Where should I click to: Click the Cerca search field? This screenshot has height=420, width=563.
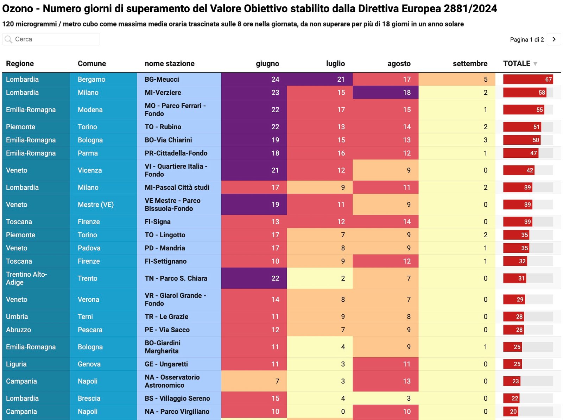(x=53, y=39)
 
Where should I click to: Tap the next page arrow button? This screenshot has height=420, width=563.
(x=554, y=39)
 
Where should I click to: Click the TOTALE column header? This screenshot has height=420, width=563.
(x=517, y=63)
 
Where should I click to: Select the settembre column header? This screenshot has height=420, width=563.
(x=470, y=63)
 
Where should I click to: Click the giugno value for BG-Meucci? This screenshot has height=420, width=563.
(x=275, y=79)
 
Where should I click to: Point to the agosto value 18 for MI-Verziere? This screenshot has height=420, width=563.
(x=407, y=93)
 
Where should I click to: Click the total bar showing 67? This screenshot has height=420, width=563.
(x=528, y=79)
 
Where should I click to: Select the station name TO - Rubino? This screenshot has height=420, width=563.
(x=163, y=127)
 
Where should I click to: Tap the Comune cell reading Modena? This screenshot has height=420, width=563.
(x=90, y=109)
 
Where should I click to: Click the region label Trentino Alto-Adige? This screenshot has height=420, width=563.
(x=26, y=278)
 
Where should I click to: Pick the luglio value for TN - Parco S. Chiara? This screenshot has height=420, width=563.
(x=343, y=278)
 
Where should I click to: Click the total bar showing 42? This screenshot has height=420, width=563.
(x=519, y=170)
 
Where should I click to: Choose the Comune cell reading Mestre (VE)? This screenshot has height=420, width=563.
(x=96, y=205)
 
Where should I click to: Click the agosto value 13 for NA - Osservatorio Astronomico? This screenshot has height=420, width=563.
(x=407, y=381)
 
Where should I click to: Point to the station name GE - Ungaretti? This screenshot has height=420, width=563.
(x=166, y=364)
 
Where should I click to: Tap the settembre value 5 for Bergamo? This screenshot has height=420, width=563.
(x=486, y=79)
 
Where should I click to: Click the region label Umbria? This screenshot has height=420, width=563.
(x=17, y=316)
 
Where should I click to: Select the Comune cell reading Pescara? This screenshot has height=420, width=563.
(x=90, y=330)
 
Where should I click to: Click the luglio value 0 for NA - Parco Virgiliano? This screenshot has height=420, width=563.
(x=343, y=412)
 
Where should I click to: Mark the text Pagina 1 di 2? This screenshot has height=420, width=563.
(x=527, y=39)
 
